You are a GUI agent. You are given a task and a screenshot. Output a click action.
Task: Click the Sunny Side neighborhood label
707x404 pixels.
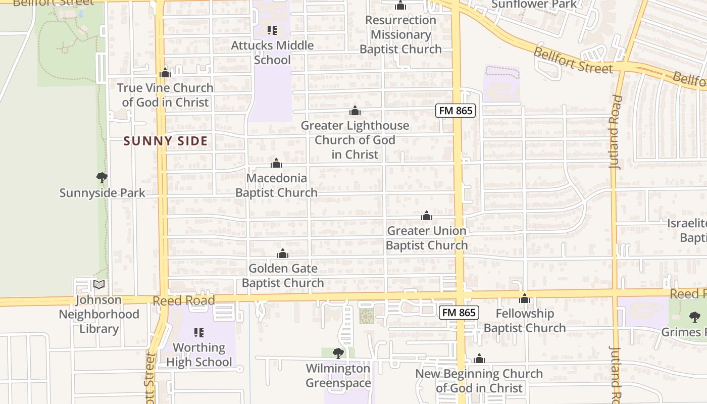[x=166, y=141]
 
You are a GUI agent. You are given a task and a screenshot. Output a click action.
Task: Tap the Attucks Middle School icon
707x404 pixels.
[x=272, y=30]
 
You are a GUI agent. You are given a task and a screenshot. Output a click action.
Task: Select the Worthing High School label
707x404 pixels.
[x=199, y=355]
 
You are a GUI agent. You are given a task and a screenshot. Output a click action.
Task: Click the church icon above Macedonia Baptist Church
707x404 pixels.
[x=276, y=163]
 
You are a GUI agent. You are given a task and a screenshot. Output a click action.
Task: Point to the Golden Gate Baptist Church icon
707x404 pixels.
[x=283, y=254]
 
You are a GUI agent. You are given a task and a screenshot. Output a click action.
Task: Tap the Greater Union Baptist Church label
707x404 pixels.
[x=427, y=238]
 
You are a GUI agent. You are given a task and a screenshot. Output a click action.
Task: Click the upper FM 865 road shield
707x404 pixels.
[x=456, y=111]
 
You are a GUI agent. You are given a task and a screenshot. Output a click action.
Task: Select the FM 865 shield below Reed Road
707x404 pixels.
[x=459, y=313]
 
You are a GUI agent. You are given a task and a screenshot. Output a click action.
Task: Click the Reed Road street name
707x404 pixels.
[x=184, y=300]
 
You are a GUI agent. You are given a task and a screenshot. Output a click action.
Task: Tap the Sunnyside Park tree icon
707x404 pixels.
[x=102, y=177]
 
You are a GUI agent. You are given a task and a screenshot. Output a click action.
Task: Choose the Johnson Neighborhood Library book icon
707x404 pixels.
[x=99, y=285]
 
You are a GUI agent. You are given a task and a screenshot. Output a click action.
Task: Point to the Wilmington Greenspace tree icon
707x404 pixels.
[x=338, y=353]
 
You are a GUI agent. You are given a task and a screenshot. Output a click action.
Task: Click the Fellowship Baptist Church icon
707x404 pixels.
[x=525, y=298]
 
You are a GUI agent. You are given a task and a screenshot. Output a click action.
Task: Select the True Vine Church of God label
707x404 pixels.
[x=165, y=95]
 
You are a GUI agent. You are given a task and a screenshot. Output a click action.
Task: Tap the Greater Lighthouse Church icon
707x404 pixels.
[x=355, y=111]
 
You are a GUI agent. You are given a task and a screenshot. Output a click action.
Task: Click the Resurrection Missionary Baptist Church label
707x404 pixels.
[x=400, y=34]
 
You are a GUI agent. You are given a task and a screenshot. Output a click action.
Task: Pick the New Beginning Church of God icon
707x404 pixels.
[x=479, y=359]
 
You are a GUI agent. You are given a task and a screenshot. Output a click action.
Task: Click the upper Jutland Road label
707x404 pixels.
[x=615, y=131]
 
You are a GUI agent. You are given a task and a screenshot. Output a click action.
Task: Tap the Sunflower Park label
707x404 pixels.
[x=534, y=4]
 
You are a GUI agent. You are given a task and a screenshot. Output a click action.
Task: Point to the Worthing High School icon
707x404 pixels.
[x=199, y=332]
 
